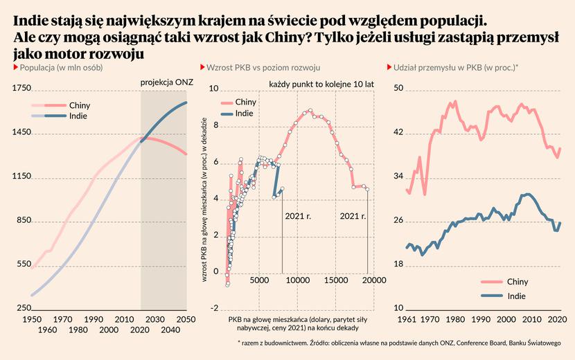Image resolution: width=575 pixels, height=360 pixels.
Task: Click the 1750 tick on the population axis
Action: [22, 88]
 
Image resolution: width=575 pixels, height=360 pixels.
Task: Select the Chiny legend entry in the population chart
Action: [80, 105]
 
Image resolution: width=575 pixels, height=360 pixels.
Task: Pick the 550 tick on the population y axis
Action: [22, 264]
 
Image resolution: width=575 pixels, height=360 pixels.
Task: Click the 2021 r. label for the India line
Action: [299, 216]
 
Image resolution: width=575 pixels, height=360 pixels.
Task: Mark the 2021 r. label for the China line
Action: [353, 216]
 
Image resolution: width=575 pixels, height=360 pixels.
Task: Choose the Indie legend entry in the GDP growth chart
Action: [244, 113]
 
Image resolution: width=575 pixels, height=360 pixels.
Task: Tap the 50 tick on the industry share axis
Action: [399, 88]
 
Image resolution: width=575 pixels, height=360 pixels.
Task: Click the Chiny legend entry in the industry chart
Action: [517, 282]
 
